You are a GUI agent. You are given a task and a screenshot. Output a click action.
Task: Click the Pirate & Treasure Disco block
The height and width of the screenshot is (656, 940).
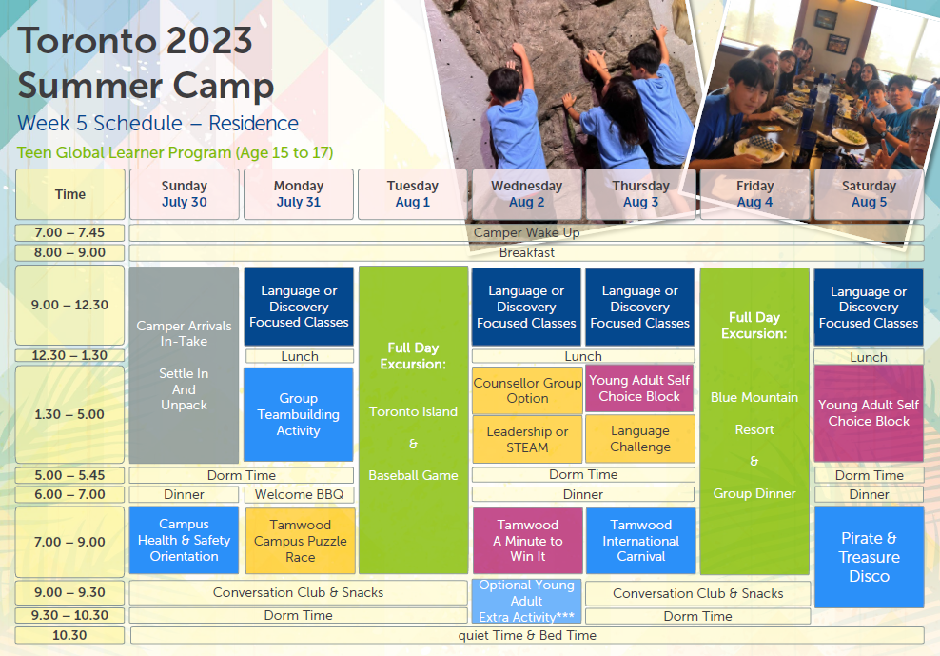(869, 557)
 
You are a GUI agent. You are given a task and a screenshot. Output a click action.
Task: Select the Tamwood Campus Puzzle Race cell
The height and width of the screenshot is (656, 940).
(300, 541)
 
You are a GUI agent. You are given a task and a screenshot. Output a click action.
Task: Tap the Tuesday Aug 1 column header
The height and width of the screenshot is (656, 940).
(413, 194)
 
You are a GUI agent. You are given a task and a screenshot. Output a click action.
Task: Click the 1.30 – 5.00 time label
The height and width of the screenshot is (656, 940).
(69, 414)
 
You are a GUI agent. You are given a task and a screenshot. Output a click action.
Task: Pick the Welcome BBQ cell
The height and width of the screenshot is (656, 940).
(299, 494)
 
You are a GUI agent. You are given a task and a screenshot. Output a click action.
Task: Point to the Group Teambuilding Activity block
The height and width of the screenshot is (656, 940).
(299, 414)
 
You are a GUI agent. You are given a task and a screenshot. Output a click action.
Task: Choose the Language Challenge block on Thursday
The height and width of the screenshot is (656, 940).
(640, 439)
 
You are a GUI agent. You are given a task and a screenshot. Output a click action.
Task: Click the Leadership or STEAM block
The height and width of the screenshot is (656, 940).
(527, 439)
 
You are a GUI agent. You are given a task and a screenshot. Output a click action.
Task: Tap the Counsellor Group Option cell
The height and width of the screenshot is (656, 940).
(527, 390)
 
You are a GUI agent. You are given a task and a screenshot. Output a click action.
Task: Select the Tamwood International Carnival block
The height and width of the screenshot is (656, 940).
(641, 541)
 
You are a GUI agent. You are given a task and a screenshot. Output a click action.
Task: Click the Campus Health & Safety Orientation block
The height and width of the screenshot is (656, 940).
(184, 540)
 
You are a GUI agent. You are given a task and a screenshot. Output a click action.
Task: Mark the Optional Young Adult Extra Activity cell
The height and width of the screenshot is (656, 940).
(526, 601)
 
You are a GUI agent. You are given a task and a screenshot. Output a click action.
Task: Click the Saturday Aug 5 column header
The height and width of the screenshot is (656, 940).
(869, 194)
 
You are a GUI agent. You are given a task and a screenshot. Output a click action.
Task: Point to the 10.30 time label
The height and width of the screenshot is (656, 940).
(69, 635)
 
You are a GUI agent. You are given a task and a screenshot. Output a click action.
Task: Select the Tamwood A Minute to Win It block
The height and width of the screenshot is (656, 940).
(527, 541)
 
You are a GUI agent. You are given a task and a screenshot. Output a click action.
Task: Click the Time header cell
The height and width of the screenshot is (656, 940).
(70, 194)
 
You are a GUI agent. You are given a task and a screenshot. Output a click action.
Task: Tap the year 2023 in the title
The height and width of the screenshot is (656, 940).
(209, 41)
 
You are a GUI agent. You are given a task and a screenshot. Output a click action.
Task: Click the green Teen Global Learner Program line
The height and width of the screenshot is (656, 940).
(175, 152)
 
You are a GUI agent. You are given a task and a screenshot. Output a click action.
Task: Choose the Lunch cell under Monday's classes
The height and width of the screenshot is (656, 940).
(300, 356)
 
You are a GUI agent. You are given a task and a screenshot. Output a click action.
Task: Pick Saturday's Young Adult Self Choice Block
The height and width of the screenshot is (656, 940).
(869, 413)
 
